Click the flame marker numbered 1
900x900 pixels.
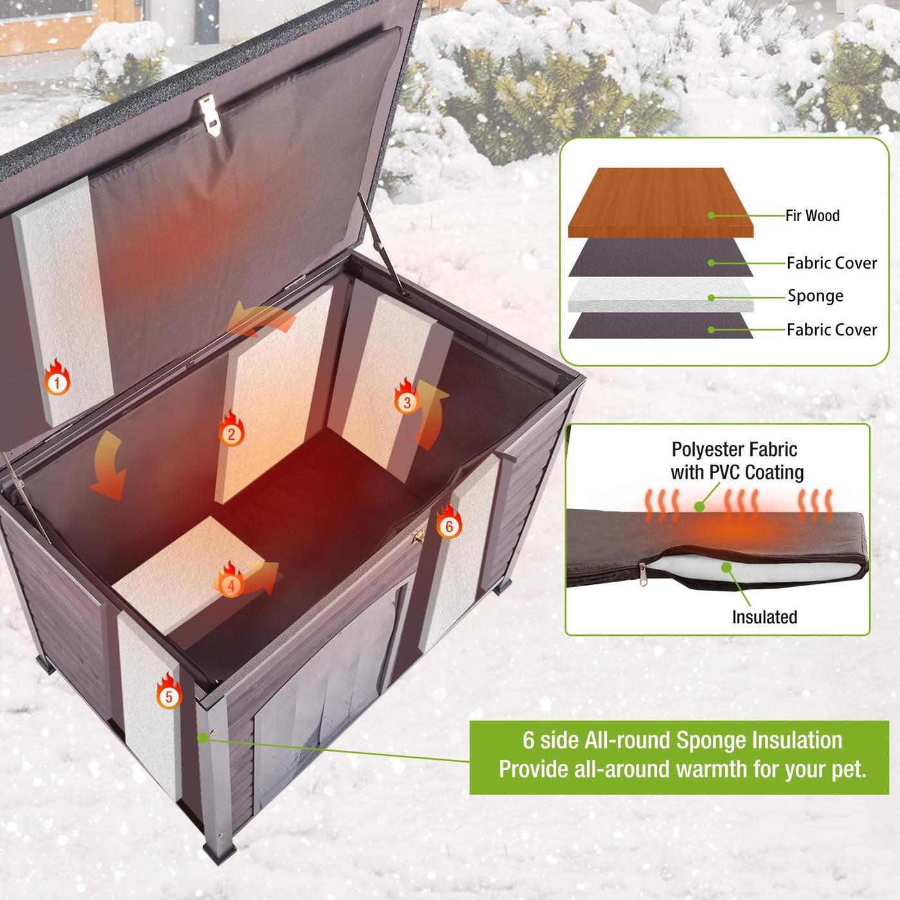57,377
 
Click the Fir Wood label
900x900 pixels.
812,215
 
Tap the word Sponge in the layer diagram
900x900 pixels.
816,296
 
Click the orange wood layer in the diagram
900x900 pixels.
660,203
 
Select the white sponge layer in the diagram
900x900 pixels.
660,294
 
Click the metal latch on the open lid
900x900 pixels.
210,114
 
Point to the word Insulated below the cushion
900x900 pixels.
764,617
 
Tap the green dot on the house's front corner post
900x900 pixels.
203,737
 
